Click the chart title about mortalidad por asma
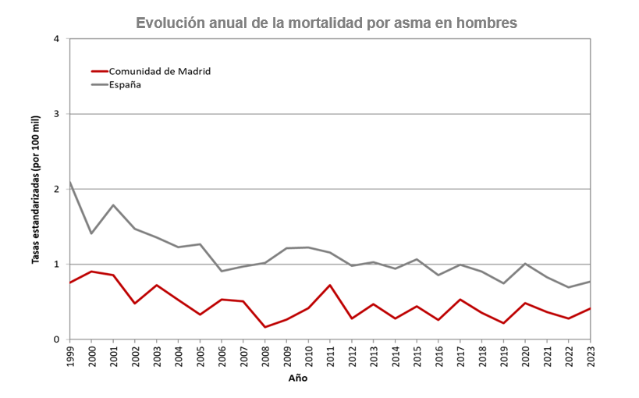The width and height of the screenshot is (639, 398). click(326, 23)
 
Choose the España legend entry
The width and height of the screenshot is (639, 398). click(124, 84)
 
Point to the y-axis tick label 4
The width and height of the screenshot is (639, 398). click(55, 39)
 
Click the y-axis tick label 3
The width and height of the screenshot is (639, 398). click(55, 114)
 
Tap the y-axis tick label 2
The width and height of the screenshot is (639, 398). click(55, 189)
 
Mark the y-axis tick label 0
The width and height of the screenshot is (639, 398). click(55, 339)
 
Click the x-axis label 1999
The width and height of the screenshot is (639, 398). click(70, 356)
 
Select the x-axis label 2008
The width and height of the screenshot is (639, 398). click(265, 356)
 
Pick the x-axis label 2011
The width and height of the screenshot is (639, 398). click(330, 356)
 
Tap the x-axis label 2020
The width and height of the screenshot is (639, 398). click(525, 356)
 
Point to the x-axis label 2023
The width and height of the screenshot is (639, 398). click(590, 356)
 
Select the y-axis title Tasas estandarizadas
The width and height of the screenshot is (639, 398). click(36, 190)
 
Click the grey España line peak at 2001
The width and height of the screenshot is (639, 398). click(113, 205)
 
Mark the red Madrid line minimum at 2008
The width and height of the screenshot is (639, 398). click(265, 327)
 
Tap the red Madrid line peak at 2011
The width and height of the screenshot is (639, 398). click(330, 285)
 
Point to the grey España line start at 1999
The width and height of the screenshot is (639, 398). click(70, 182)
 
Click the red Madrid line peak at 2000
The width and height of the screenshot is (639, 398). click(91, 272)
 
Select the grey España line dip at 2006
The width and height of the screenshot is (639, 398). click(222, 271)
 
